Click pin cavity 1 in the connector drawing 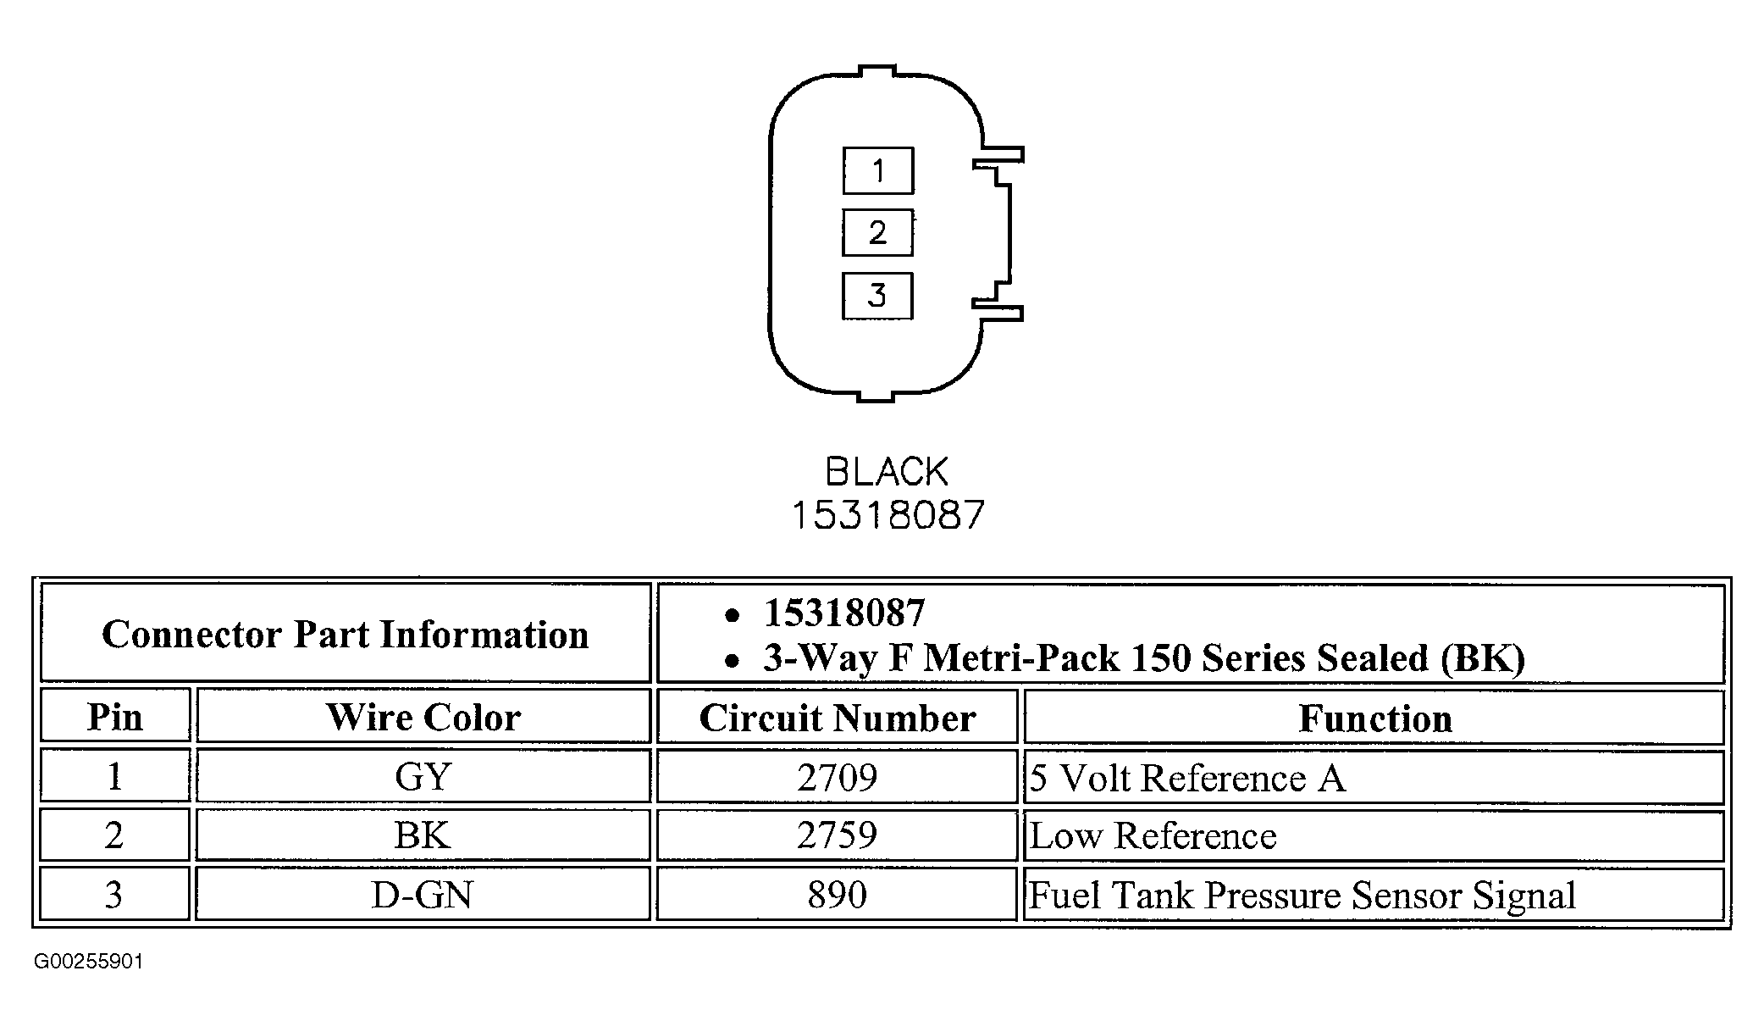[877, 171]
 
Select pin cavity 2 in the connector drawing [877, 232]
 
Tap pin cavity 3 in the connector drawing [877, 296]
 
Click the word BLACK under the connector [887, 472]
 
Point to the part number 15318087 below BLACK [888, 515]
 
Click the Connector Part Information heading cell [346, 634]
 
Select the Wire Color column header [423, 718]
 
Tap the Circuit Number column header [837, 719]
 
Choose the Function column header [1374, 719]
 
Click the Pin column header [115, 718]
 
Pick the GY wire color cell [423, 776]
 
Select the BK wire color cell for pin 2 [423, 835]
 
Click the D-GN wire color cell [423, 895]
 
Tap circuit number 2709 [837, 777]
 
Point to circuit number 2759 [837, 835]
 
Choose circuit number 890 [837, 895]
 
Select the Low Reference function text [1153, 836]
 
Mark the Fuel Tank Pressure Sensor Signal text [1302, 896]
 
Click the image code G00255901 [89, 962]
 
